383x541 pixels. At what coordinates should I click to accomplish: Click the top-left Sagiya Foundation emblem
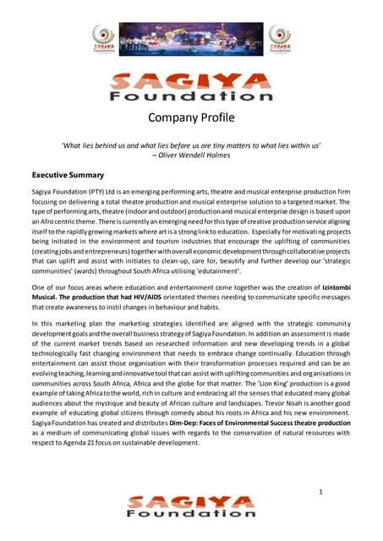coord(104,39)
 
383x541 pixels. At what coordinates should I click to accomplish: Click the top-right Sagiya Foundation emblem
coord(278,39)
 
